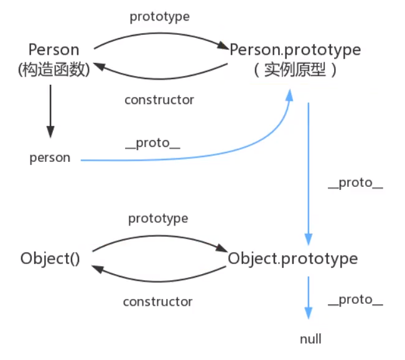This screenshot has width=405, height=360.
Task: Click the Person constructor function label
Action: (54, 49)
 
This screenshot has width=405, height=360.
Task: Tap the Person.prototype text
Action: (295, 49)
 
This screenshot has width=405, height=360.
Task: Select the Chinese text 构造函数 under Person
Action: (54, 69)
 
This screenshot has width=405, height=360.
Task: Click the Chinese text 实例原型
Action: (295, 69)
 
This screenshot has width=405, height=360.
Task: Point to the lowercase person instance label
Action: (50, 158)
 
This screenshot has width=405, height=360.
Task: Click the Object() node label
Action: (50, 258)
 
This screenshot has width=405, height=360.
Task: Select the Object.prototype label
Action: (293, 258)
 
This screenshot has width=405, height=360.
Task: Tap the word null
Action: (310, 339)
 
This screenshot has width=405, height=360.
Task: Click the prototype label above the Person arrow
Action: (159, 17)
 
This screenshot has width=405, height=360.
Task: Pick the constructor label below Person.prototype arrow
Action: (159, 100)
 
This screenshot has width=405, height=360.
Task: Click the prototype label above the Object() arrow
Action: (158, 219)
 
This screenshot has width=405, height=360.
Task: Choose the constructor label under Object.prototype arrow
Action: (158, 301)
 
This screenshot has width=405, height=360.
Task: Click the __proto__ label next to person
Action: (152, 144)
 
